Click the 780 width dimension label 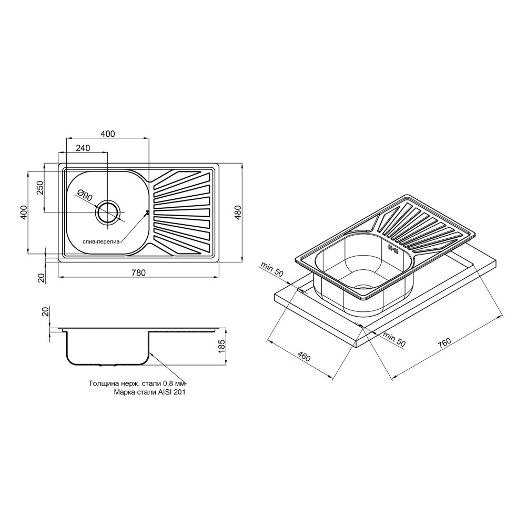point(138,272)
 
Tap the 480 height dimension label point(238,212)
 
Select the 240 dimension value point(83,148)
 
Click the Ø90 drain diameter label point(85,195)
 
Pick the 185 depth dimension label point(222,346)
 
